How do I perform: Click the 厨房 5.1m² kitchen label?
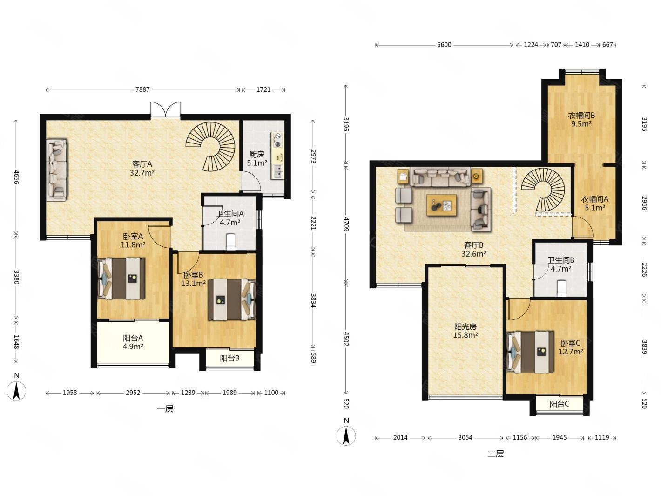(x=257, y=159)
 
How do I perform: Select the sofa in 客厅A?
(x=57, y=170)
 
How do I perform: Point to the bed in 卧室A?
(x=121, y=278)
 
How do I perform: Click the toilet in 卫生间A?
(x=231, y=242)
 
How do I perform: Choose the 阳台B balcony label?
(x=229, y=358)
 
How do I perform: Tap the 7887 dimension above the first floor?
(x=142, y=89)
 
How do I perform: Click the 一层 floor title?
(x=165, y=409)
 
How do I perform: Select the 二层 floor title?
(x=495, y=454)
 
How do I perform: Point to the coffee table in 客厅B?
(x=441, y=205)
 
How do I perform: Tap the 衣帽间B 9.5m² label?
(x=581, y=119)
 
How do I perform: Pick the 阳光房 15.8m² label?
(x=465, y=331)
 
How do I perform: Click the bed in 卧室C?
(x=530, y=352)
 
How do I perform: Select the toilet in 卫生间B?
(x=562, y=288)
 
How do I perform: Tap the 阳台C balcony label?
(x=559, y=404)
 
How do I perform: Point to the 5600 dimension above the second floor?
(x=444, y=45)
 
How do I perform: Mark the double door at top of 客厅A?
(x=166, y=109)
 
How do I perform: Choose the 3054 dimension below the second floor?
(x=465, y=438)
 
